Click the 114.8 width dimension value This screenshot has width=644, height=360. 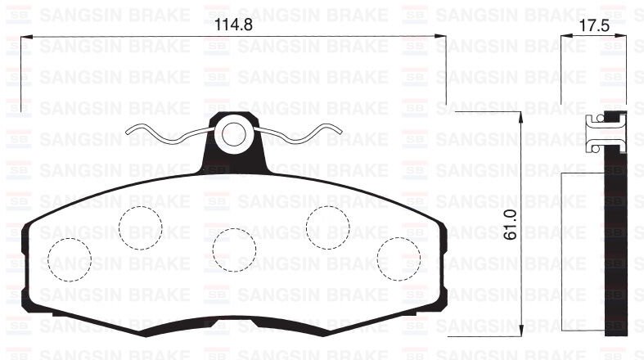(230, 25)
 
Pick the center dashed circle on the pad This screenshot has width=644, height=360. (234, 250)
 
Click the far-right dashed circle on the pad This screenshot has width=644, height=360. (399, 259)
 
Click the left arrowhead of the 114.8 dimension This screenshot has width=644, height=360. (23, 36)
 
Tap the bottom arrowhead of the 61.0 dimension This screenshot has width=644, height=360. (521, 331)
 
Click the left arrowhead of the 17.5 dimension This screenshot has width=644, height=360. (565, 36)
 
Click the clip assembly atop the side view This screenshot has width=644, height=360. (606, 133)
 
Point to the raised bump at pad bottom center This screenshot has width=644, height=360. (234, 325)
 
